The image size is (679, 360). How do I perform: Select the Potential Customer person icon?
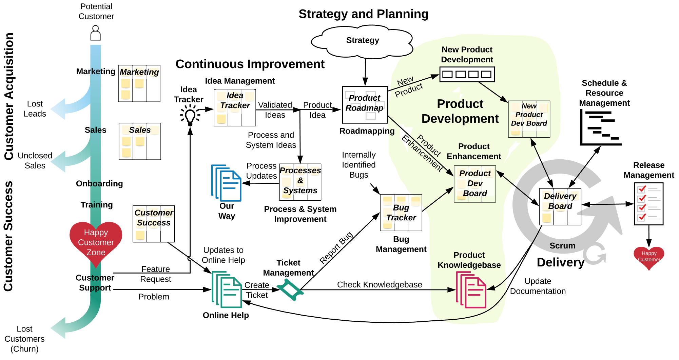(x=96, y=33)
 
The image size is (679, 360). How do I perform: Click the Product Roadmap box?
(x=365, y=105)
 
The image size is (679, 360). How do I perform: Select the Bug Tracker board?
(x=401, y=213)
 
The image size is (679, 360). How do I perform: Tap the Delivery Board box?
(x=560, y=206)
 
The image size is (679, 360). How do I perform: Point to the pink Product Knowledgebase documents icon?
(x=471, y=290)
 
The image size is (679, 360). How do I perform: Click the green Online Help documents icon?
(x=227, y=289)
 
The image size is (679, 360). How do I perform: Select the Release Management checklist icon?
(x=649, y=204)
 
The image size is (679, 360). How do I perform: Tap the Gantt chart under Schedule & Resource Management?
(x=601, y=128)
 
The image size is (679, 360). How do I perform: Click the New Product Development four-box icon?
(x=467, y=74)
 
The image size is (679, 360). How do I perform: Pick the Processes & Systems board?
(x=300, y=182)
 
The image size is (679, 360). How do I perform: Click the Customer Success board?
(x=154, y=224)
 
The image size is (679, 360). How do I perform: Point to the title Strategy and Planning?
(x=363, y=14)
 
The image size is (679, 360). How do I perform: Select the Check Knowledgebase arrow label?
(x=380, y=284)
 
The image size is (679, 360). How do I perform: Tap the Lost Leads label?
(x=35, y=109)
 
